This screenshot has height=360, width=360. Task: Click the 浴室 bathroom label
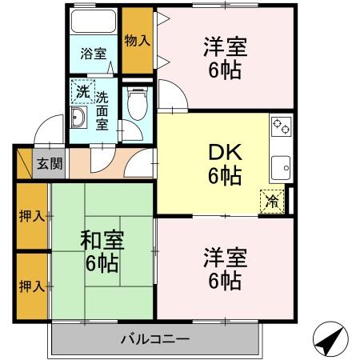pyautogui.click(x=93, y=54)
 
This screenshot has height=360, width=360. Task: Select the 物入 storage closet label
pyautogui.click(x=138, y=39)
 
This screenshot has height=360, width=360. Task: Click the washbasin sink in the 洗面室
pyautogui.click(x=78, y=120)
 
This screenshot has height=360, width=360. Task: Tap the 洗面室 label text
pyautogui.click(x=102, y=112)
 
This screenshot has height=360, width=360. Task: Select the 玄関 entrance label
pyautogui.click(x=48, y=164)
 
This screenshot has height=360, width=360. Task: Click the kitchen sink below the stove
pyautogui.click(x=280, y=166)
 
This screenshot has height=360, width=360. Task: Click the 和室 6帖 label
pyautogui.click(x=102, y=251)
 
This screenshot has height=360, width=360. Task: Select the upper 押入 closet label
pyautogui.click(x=31, y=215)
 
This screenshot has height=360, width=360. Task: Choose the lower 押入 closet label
pyautogui.click(x=31, y=285)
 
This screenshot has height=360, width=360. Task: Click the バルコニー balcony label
pyautogui.click(x=155, y=338)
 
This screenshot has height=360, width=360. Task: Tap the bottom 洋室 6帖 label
pyautogui.click(x=225, y=269)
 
